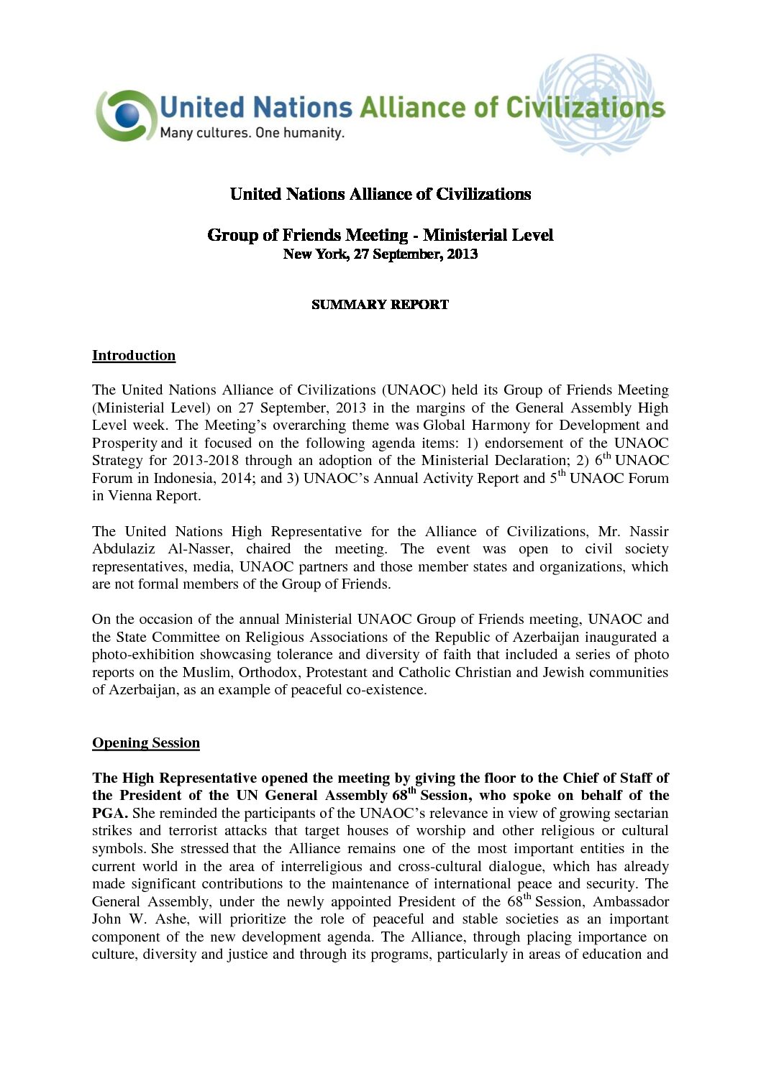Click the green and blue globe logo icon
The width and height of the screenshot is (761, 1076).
pyautogui.click(x=126, y=115)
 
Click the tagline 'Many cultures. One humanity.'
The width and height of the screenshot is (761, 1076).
pyautogui.click(x=252, y=133)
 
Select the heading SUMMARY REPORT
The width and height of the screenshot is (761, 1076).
pyautogui.click(x=380, y=305)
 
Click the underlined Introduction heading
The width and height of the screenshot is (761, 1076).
pyautogui.click(x=134, y=356)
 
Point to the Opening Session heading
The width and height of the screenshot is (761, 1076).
pyautogui.click(x=146, y=743)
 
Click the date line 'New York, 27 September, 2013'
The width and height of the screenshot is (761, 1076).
pyautogui.click(x=380, y=254)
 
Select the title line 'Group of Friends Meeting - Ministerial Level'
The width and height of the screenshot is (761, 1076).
pyautogui.click(x=380, y=235)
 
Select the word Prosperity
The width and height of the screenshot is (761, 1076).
pyautogui.click(x=124, y=443)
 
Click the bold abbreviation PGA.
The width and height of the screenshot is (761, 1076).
pyautogui.click(x=109, y=814)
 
